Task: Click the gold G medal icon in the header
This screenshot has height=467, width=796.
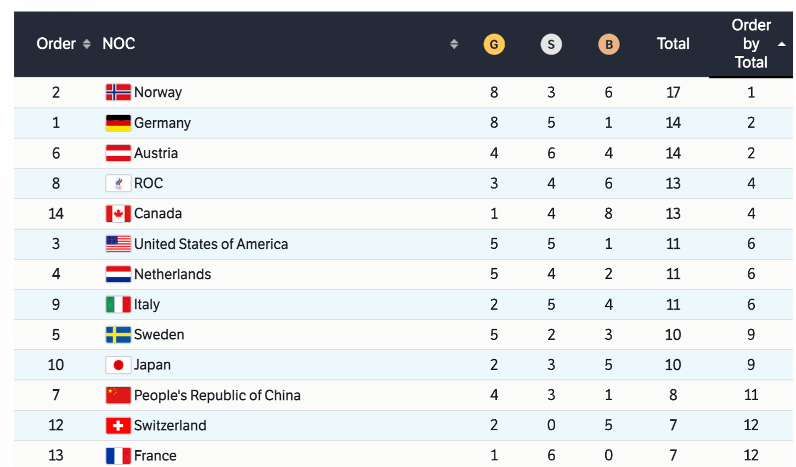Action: [x=494, y=44]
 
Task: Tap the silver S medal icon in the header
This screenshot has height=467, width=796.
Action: [x=551, y=44]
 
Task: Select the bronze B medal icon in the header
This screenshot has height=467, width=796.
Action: [x=608, y=44]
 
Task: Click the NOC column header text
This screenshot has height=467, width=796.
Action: [x=118, y=44]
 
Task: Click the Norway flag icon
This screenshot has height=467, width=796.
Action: [x=118, y=92]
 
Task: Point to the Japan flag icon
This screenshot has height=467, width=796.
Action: [x=118, y=365]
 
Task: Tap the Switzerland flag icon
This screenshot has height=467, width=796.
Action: [x=118, y=425]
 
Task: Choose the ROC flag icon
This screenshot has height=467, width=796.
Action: [x=118, y=183]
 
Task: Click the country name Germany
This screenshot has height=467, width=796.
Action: [x=162, y=123]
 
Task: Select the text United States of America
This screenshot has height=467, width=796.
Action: [x=211, y=244]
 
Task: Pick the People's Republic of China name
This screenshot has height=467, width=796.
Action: [x=217, y=395]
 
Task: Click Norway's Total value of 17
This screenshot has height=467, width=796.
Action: [x=673, y=92]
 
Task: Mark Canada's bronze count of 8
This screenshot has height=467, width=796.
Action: [x=608, y=213]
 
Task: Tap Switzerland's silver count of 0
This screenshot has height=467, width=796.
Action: [x=551, y=425]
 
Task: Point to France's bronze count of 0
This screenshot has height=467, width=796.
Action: [x=608, y=455]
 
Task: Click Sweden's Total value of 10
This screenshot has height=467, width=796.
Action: [x=673, y=335]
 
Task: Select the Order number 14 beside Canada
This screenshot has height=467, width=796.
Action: [x=56, y=213]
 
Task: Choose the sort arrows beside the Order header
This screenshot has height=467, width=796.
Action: [x=87, y=44]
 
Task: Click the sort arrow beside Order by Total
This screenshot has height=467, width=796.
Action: [x=782, y=44]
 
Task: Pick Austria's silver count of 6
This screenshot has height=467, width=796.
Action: [x=551, y=153]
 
